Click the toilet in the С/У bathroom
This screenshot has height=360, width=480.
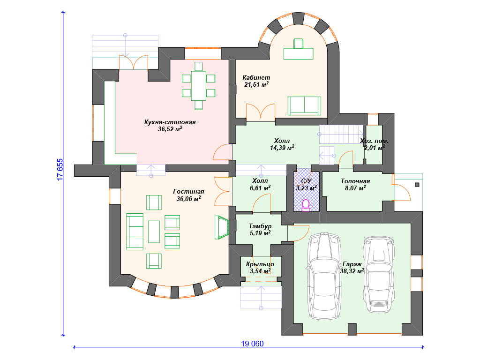[306, 205]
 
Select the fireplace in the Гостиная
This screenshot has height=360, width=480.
[221, 227]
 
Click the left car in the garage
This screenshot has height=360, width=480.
[324, 276]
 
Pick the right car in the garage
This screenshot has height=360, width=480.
[379, 274]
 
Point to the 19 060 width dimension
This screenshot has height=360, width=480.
[252, 344]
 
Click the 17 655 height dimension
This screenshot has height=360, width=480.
[60, 170]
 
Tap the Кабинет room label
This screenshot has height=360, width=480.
[256, 77]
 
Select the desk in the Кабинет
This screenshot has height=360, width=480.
[299, 53]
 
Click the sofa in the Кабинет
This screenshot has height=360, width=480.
[304, 106]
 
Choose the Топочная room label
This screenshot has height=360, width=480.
[355, 181]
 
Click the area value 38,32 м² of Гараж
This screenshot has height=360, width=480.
[352, 271]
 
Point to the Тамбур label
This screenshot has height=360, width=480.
[260, 226]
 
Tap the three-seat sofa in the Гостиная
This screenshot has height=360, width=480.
[135, 232]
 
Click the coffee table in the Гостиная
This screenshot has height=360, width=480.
[154, 232]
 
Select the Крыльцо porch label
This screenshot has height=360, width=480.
[260, 264]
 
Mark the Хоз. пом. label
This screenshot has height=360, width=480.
[374, 141]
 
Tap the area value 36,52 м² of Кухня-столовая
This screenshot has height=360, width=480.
[170, 129]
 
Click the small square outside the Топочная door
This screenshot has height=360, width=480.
[417, 185]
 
